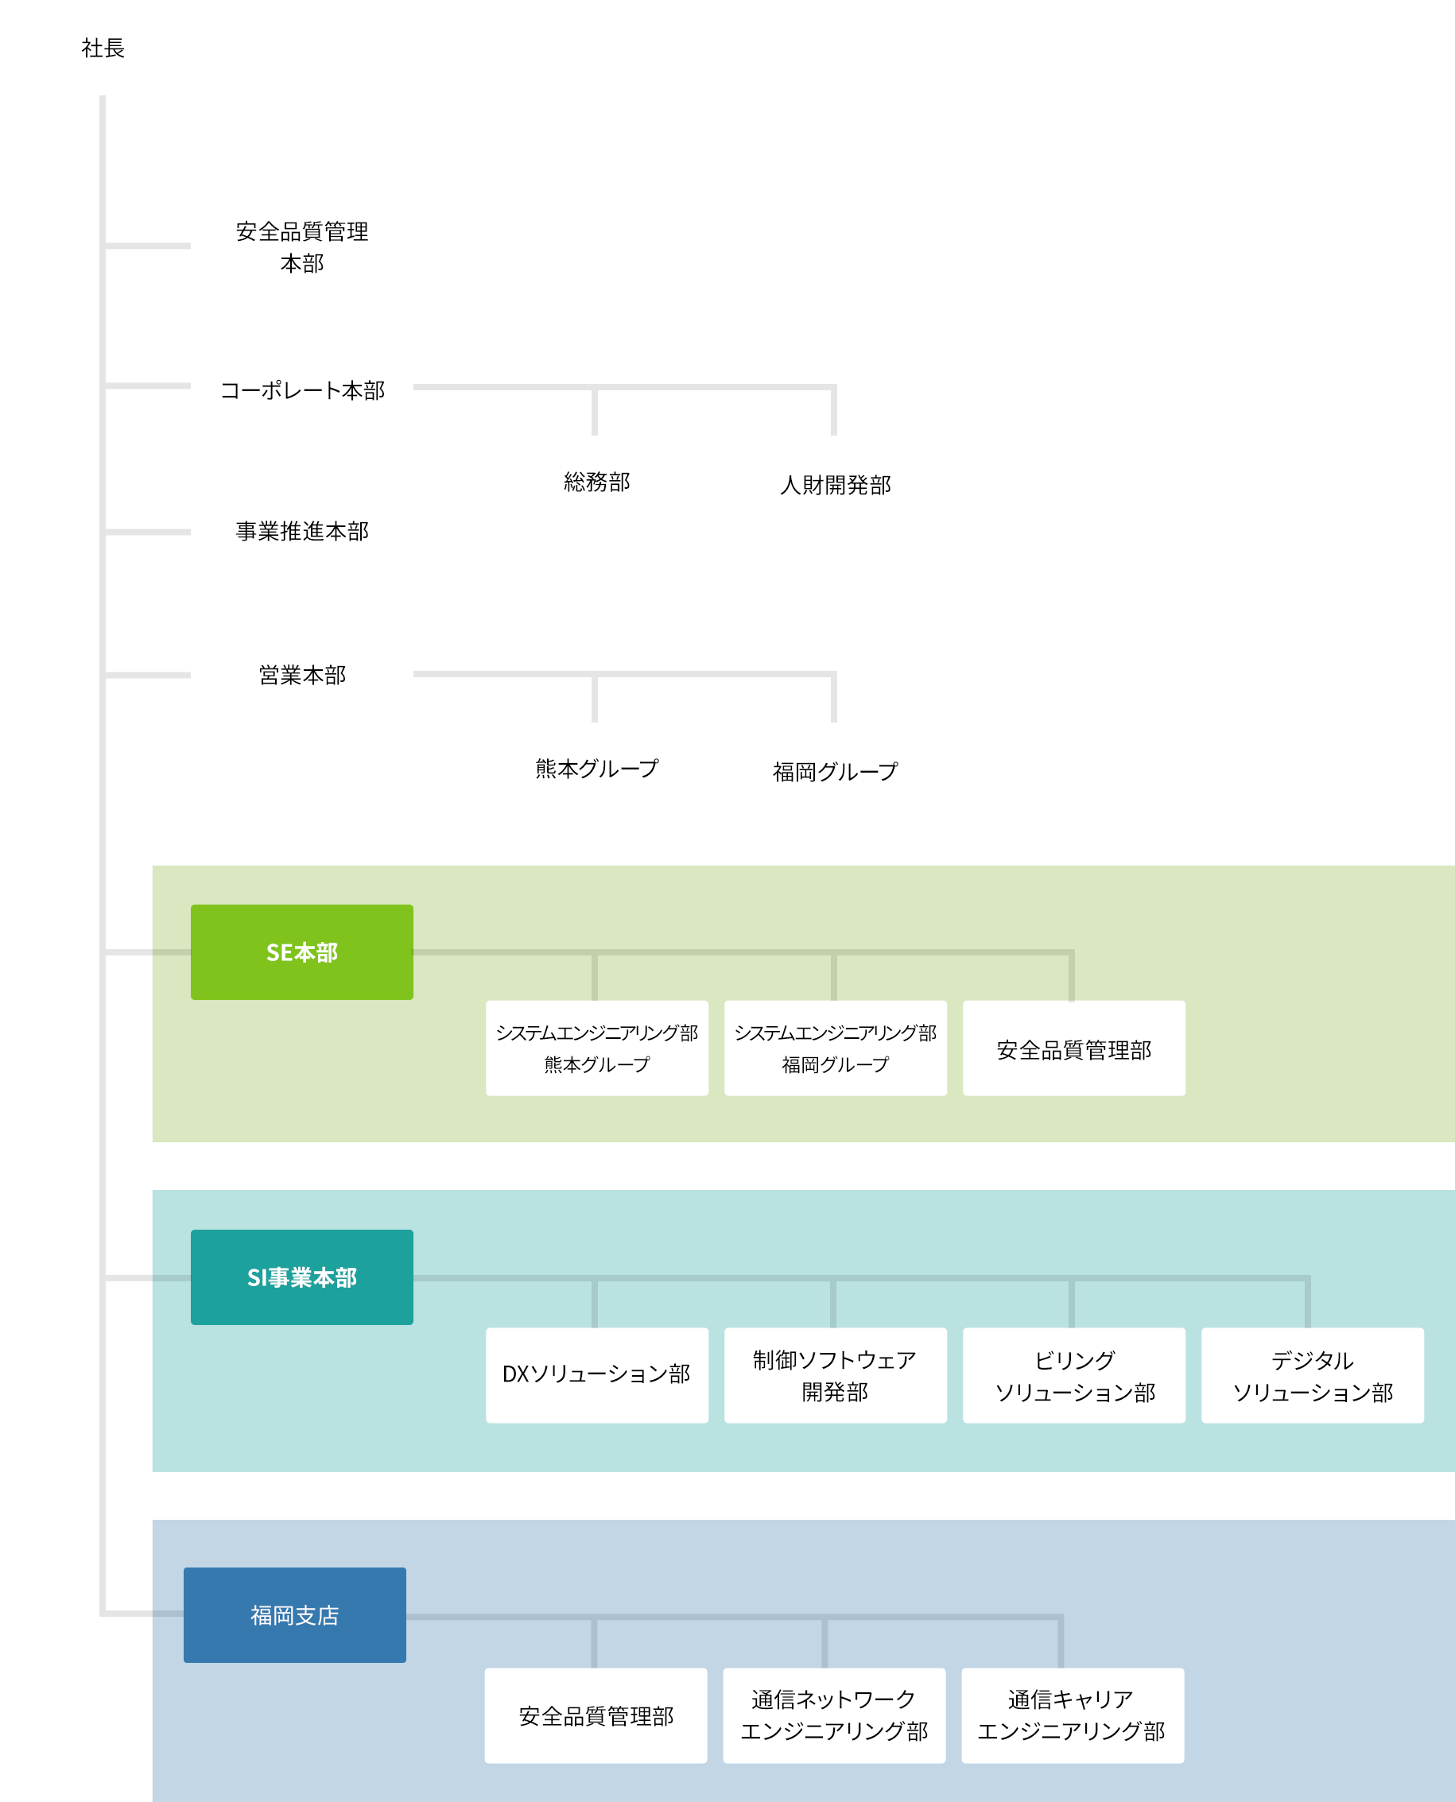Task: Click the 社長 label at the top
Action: pos(103,48)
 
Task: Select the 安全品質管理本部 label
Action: pos(301,247)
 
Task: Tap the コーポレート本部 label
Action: pos(301,390)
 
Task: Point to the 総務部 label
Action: pos(597,482)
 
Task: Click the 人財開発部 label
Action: pos(835,485)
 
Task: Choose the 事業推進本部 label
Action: pos(301,531)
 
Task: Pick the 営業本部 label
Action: pos(301,675)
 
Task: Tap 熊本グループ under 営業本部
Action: pos(597,768)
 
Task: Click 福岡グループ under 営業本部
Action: pos(835,772)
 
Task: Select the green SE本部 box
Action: pos(301,951)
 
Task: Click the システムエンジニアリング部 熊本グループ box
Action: pos(597,1048)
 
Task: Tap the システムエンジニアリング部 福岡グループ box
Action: pos(836,1048)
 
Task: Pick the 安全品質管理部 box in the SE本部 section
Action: pos(1073,1048)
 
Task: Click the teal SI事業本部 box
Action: pos(301,1277)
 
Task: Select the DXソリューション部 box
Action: pos(597,1374)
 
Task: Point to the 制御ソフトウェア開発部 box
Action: pos(836,1374)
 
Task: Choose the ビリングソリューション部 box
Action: pos(1073,1374)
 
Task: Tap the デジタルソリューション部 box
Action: pos(1313,1374)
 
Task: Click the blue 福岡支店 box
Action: pos(295,1615)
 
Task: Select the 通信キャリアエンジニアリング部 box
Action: pos(1073,1715)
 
